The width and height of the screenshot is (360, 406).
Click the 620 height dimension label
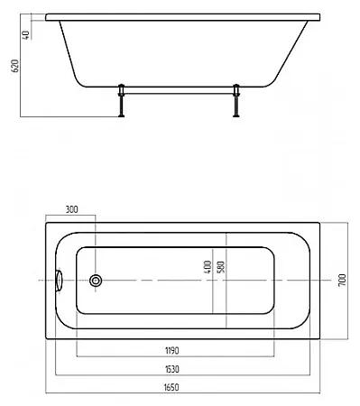point(15,66)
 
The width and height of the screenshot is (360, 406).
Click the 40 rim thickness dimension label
point(26,35)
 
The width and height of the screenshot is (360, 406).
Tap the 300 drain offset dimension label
point(71,209)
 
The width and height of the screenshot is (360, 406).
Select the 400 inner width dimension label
point(208,267)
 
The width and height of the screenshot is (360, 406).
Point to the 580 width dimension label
point(220,267)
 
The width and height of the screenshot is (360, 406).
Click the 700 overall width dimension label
point(342,280)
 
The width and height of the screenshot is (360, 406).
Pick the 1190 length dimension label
point(172,351)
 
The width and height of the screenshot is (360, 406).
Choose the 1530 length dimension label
point(172,369)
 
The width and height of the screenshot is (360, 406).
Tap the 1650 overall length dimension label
point(171,387)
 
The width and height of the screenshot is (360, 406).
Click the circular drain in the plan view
point(96,281)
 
